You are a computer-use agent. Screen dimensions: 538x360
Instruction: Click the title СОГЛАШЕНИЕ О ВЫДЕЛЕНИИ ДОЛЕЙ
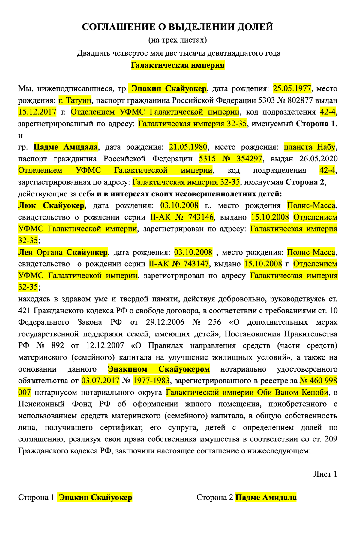click(178, 27)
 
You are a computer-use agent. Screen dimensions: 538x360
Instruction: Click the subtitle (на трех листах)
click(178, 40)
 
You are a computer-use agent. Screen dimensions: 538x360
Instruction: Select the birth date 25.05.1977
click(292, 89)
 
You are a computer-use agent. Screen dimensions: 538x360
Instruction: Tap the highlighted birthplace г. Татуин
click(75, 100)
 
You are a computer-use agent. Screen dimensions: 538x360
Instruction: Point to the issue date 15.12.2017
click(37, 112)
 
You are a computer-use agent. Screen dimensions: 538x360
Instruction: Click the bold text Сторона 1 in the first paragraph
click(315, 124)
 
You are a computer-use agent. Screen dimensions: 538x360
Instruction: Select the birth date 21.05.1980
click(188, 147)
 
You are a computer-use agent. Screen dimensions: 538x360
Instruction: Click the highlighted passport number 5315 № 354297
click(231, 159)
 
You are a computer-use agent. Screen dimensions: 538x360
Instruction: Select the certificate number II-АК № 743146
click(182, 217)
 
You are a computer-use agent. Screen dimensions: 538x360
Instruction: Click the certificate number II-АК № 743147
click(179, 264)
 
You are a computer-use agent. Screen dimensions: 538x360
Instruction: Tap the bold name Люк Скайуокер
click(52, 205)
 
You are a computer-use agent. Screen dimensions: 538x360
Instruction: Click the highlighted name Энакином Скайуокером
click(159, 369)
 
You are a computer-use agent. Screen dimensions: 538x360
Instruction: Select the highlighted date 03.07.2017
click(100, 381)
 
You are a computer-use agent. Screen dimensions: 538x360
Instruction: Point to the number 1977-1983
click(151, 381)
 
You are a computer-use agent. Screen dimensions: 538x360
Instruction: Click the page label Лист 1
click(325, 474)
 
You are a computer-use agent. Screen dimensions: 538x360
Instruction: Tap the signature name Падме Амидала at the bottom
click(266, 498)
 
